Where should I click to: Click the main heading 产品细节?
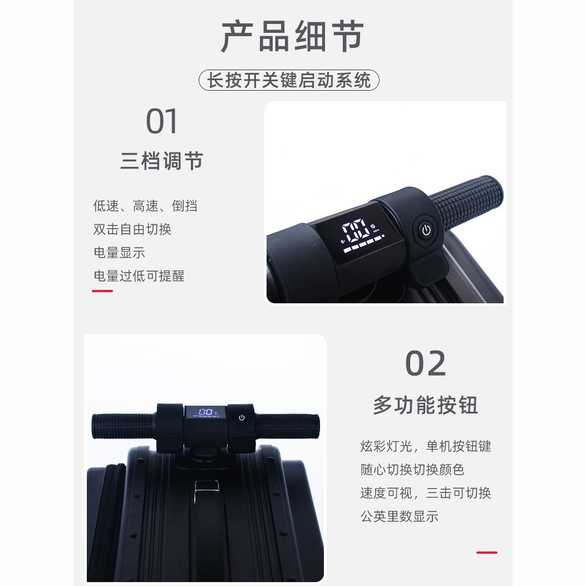pos(292,36)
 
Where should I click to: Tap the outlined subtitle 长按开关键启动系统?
pos(289,80)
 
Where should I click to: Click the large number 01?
pos(161,121)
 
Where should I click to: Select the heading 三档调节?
pos(162,161)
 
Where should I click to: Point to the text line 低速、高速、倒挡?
pos(145,205)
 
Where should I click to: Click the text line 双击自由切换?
pos(132,229)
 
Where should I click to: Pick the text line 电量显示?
pos(119,253)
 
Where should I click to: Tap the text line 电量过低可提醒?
pos(139,276)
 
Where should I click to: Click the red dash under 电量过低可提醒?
pos(102,290)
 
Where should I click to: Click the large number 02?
pos(426,363)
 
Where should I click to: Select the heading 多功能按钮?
pos(426,405)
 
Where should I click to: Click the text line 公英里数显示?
pos(400,516)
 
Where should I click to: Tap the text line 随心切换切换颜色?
pos(412,469)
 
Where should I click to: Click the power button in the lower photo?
pos(242,417)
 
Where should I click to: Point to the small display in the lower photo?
pos(205,412)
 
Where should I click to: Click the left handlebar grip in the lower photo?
pos(124,426)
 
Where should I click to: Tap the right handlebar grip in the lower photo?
pos(287,426)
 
